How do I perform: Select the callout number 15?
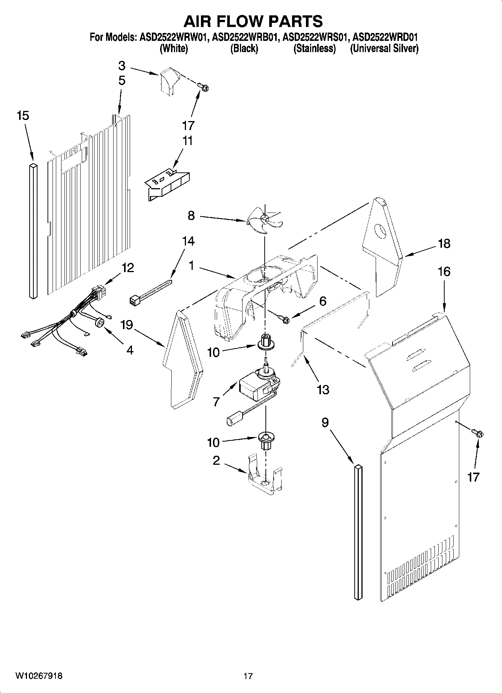point(22,116)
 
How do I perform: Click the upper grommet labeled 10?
point(265,342)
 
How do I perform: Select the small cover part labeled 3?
point(168,80)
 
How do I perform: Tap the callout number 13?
point(323,390)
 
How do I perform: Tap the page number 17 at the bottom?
point(248,676)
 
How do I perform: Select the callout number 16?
point(444,271)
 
